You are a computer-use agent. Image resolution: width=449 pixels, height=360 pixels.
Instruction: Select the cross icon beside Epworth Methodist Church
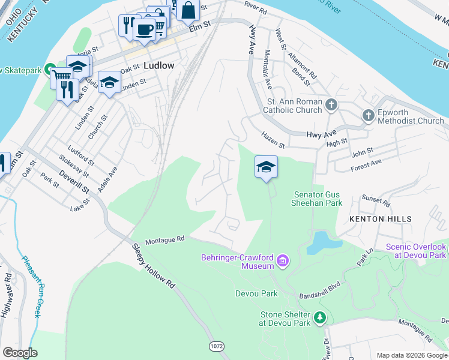tap(369, 115)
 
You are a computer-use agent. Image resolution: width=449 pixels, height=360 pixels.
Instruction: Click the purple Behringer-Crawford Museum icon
tap(283, 262)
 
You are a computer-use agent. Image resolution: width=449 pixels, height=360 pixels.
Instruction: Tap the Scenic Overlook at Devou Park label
tap(417, 251)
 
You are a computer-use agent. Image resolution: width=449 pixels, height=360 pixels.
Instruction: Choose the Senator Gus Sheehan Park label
tap(318, 199)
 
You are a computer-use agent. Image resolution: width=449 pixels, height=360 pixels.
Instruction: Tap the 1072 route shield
tap(217, 347)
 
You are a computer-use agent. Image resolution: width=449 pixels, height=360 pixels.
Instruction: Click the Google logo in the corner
tap(20, 353)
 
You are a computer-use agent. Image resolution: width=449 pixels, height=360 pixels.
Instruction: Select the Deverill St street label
tap(74, 181)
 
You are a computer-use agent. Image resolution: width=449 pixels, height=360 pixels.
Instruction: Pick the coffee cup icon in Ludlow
tap(144, 29)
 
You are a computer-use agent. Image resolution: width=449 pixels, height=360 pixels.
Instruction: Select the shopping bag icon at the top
tap(188, 10)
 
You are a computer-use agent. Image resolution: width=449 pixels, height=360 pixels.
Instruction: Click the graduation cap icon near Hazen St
tap(266, 166)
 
